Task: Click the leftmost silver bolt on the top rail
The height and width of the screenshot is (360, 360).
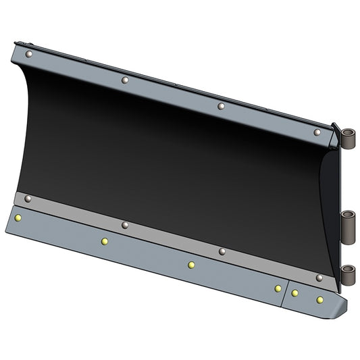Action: [28, 53]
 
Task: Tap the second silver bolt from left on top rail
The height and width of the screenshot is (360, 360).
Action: [125, 80]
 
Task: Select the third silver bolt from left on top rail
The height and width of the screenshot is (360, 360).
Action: [220, 106]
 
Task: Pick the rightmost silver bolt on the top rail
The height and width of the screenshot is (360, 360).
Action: [317, 132]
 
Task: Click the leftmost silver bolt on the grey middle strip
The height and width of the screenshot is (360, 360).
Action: [28, 199]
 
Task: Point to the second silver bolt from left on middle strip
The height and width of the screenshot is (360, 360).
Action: [124, 225]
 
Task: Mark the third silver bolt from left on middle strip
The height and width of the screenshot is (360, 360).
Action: [221, 251]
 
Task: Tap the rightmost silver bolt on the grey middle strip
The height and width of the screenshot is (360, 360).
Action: [318, 278]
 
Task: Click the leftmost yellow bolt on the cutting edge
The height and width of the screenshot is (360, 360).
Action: [18, 218]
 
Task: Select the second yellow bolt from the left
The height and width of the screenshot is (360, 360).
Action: [104, 241]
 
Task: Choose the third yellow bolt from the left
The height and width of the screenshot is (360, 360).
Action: [191, 265]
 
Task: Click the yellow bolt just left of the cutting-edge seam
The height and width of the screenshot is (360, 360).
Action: [278, 288]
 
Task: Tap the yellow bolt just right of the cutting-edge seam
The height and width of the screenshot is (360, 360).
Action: [295, 293]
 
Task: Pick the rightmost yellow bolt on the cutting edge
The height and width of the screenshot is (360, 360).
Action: [320, 299]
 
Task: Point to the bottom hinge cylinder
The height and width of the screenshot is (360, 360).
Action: [349, 276]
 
